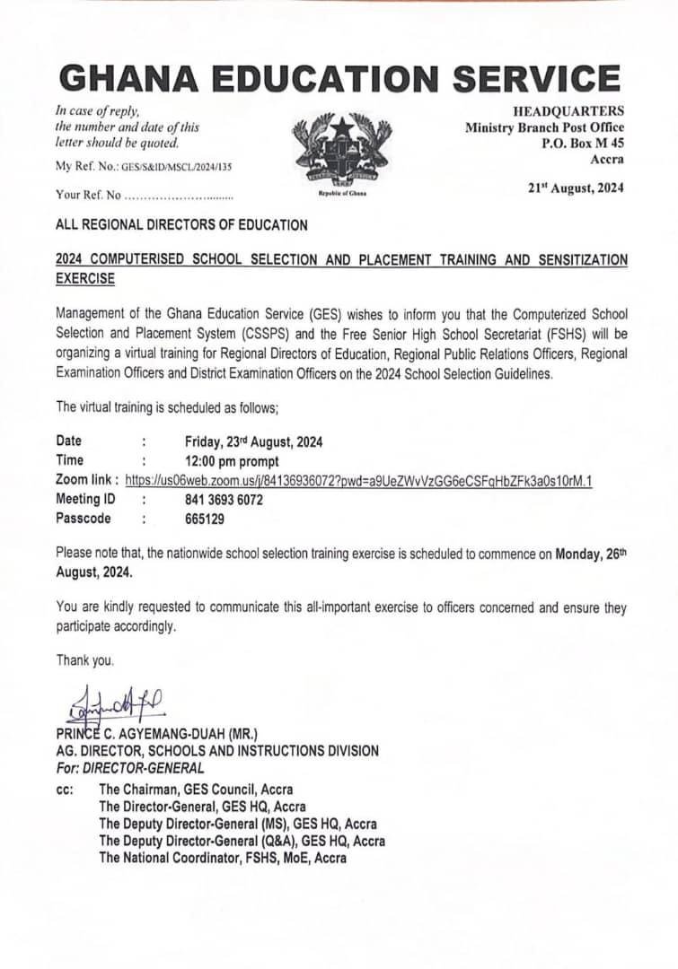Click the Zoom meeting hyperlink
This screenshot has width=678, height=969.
[358, 480]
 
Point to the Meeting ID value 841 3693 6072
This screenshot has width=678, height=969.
[224, 500]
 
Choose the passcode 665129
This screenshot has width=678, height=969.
[205, 519]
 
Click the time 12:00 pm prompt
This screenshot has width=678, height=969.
[231, 460]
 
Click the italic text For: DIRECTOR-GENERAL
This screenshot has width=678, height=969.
[129, 768]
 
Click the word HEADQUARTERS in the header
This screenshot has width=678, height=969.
[568, 111]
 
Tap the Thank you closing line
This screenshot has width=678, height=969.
[85, 660]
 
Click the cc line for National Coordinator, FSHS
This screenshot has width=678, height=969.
[222, 858]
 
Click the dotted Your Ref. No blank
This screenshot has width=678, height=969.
[178, 194]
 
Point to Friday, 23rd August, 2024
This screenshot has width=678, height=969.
[253, 441]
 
